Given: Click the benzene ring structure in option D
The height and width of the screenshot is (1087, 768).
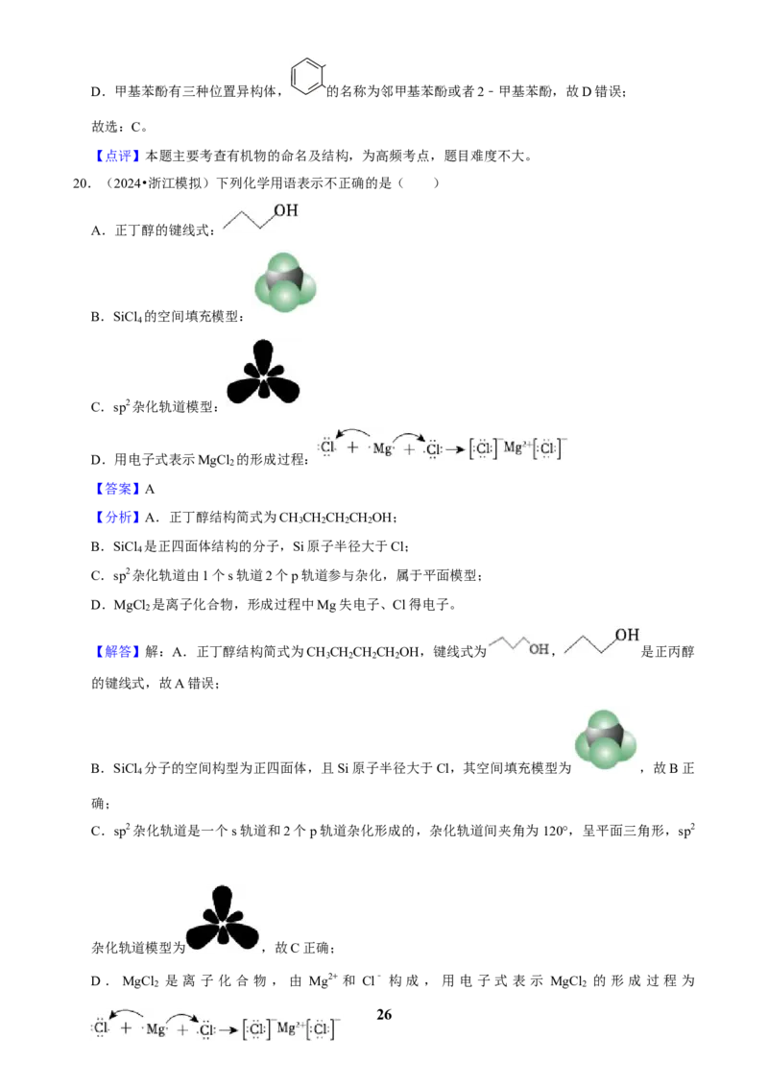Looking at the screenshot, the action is click(x=307, y=76).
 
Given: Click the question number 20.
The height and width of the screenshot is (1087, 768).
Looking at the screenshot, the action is click(x=81, y=183).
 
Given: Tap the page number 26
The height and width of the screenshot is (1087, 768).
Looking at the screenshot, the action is click(x=384, y=1014).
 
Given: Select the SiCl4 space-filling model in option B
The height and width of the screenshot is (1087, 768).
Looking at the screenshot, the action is click(x=285, y=282).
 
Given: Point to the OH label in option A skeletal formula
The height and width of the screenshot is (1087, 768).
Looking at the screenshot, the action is click(x=285, y=210).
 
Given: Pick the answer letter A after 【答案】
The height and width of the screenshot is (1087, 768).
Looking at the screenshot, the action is click(x=150, y=490).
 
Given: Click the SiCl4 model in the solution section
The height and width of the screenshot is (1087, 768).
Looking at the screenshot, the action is click(x=606, y=739).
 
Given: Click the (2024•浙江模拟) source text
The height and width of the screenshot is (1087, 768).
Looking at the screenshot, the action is click(x=157, y=183).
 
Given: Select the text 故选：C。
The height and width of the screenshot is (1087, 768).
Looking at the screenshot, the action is click(x=119, y=127).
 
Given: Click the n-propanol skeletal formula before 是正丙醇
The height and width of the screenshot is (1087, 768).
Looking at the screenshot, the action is click(x=602, y=642).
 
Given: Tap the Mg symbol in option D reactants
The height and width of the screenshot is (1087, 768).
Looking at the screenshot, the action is click(x=382, y=448).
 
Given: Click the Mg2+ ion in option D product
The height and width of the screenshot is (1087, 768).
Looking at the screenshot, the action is click(x=516, y=447).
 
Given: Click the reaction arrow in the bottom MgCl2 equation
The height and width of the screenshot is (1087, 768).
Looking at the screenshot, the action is click(x=228, y=1030).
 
